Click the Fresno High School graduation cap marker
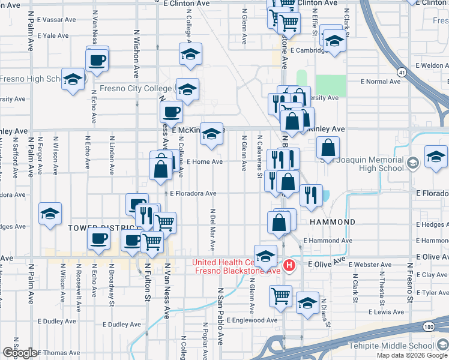pyautogui.click(x=73, y=80)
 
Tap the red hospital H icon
pyautogui.click(x=290, y=265)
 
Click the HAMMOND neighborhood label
pyautogui.click(x=333, y=222)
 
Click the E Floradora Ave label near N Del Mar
pyautogui.click(x=193, y=194)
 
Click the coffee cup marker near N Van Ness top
pyautogui.click(x=97, y=60)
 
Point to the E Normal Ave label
pyautogui.click(x=380, y=82)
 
